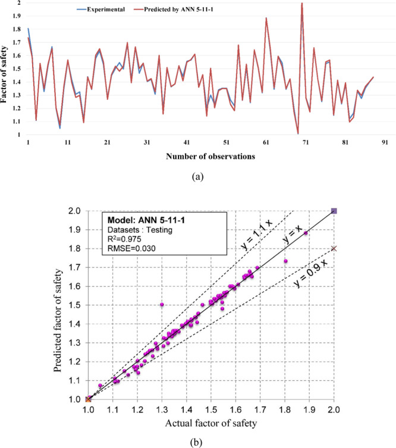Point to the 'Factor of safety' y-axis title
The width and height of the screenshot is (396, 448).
(6, 69)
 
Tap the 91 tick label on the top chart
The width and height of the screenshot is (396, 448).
(385, 143)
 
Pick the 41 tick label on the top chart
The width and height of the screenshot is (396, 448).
(187, 143)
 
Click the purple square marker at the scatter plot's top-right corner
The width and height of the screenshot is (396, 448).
(334, 211)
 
